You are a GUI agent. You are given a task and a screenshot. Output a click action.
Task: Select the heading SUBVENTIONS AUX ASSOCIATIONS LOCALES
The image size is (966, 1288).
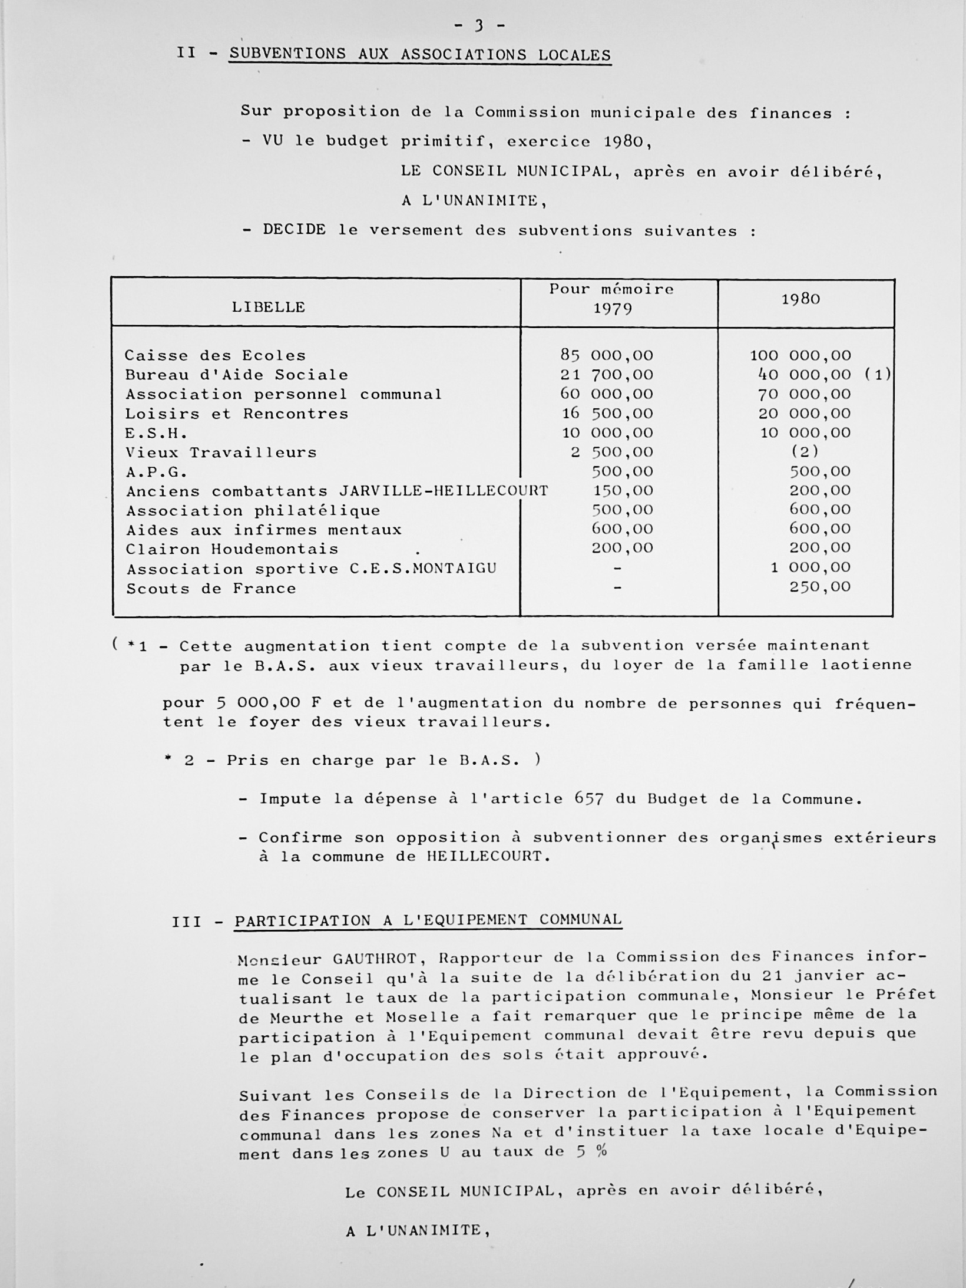[420, 55]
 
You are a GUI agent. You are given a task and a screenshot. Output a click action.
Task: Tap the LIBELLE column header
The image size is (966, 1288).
[268, 307]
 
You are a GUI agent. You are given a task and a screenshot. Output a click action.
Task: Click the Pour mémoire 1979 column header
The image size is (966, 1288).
[612, 299]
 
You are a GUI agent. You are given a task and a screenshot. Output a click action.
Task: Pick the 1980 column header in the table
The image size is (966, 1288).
[800, 299]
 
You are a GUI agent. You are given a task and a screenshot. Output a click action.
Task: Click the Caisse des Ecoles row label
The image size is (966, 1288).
[215, 355]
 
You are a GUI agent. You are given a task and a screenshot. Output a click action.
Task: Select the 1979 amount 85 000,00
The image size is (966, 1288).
[607, 355]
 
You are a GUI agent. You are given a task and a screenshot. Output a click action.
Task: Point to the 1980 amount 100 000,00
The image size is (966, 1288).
[800, 355]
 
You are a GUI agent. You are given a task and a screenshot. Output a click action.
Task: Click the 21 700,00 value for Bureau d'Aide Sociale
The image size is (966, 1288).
[607, 375]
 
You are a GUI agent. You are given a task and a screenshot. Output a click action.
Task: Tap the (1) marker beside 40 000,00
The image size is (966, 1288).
[877, 375]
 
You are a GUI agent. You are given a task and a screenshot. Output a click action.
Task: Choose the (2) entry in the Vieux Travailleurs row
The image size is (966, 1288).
[805, 452]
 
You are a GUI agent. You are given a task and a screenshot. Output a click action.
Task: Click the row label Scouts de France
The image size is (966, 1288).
[211, 589]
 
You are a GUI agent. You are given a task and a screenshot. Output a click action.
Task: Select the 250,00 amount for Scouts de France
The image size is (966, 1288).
[820, 587]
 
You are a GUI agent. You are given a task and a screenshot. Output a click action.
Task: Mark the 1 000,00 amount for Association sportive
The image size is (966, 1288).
[811, 567]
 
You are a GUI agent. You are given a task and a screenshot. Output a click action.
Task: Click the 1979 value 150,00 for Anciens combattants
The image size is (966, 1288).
[622, 490]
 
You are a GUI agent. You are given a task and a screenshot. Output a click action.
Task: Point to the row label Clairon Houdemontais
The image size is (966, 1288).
[232, 549]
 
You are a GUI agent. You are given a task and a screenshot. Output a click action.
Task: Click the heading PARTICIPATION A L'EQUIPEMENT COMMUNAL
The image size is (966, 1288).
[428, 920]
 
